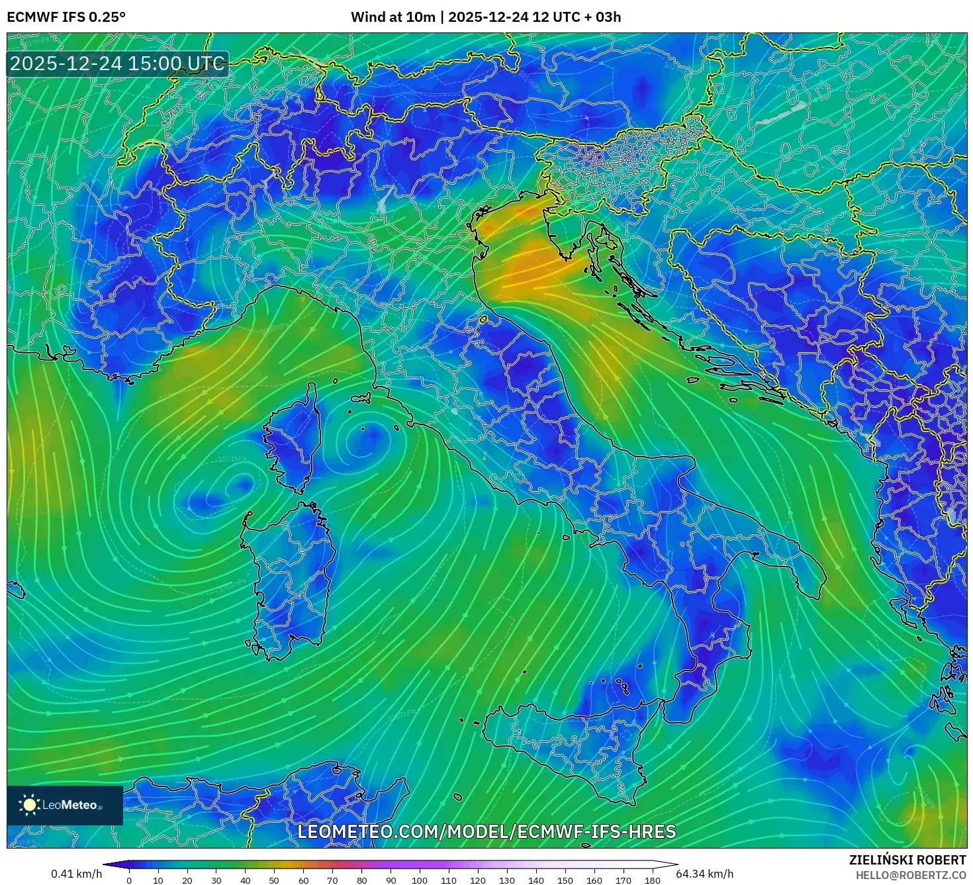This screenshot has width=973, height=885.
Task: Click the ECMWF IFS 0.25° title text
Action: [66, 17]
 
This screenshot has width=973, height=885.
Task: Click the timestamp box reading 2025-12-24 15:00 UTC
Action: [117, 64]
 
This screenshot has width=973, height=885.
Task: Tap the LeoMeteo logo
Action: [65, 805]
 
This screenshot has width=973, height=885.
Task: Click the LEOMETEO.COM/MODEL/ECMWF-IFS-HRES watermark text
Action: [486, 832]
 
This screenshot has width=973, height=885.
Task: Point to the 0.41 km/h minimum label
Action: [76, 874]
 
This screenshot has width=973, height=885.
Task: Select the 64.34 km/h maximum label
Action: [704, 874]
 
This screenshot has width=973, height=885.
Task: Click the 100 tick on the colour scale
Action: [419, 880]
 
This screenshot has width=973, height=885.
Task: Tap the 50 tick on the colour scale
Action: [274, 880]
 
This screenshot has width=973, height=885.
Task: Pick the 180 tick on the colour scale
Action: [652, 880]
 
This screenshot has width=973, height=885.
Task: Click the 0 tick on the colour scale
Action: [129, 880]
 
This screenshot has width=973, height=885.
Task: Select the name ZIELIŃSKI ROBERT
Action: [907, 860]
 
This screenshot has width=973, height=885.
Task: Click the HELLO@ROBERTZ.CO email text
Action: [911, 875]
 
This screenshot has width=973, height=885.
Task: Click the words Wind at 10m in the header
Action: [393, 17]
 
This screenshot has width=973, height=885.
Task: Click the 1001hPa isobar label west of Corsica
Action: [232, 459]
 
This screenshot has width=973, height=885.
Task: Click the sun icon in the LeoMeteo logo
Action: [29, 805]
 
